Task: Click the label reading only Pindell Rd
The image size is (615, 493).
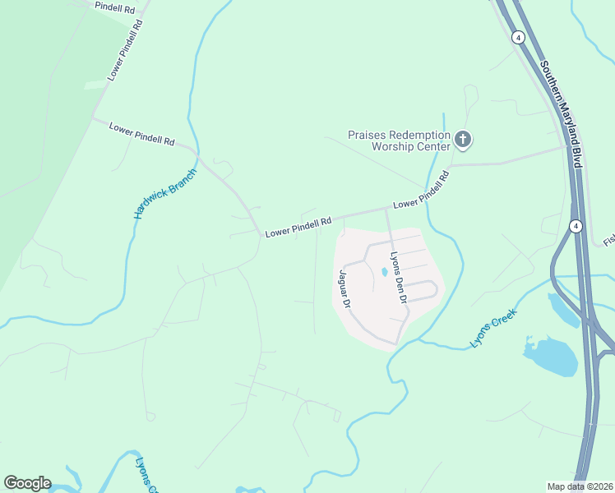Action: coord(115,7)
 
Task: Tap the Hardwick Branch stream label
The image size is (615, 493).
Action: coord(165,194)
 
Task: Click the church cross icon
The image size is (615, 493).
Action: coord(463,140)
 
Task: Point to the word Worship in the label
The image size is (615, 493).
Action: coord(398,146)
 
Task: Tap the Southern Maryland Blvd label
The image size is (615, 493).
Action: coord(561,113)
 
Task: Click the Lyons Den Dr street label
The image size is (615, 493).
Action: coord(399,277)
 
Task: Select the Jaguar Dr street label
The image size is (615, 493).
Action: coord(344,288)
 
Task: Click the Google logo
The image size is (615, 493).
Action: coord(27,483)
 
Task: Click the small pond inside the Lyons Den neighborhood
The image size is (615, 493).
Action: coord(384,272)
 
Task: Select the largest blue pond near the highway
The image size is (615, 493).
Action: coord(549,356)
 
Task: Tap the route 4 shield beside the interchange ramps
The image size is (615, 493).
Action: coord(576,226)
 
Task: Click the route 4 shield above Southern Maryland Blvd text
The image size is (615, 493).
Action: coord(517,37)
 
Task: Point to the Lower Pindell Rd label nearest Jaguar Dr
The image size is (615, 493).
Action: coord(298,227)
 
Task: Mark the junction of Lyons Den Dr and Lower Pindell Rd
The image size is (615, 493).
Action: coord(386,209)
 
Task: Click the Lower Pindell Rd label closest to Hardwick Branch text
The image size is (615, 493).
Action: coord(141,135)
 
